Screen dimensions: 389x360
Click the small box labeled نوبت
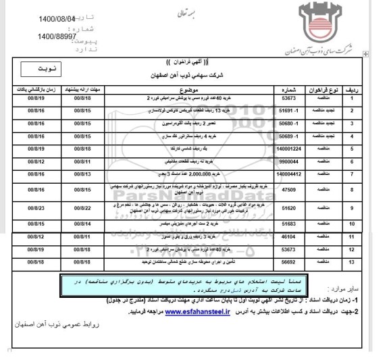click(x=34, y=68)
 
